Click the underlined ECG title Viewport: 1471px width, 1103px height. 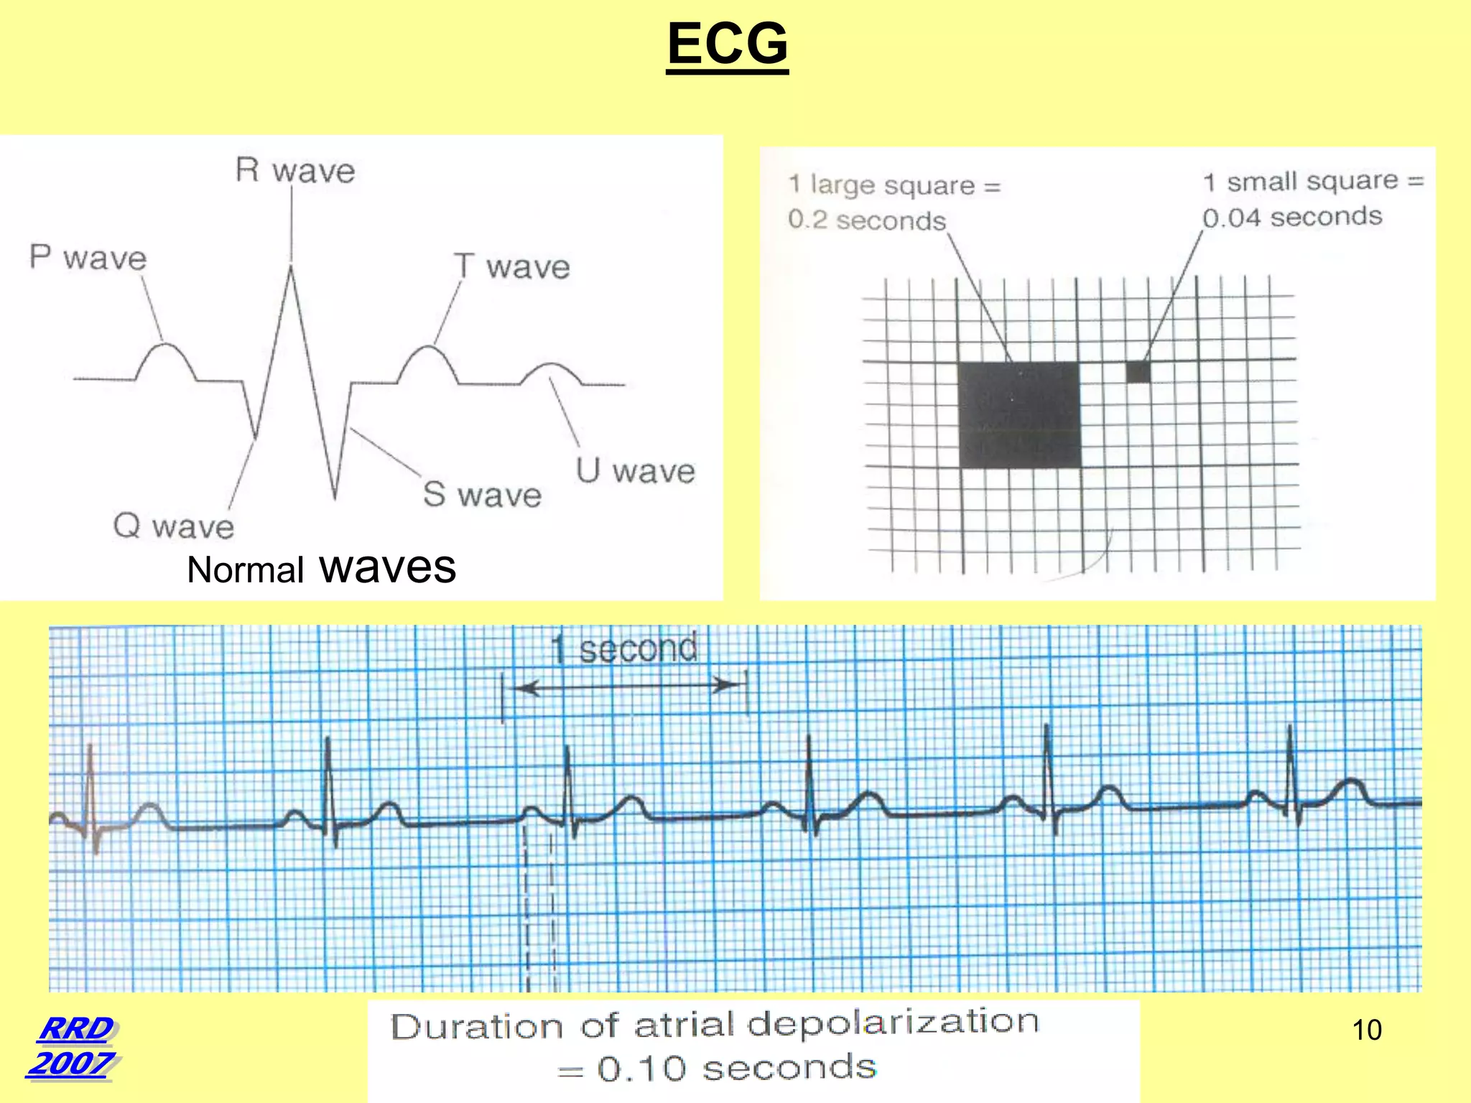727,43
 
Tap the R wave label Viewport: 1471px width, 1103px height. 295,171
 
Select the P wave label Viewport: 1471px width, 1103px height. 88,258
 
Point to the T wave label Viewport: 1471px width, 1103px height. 512,266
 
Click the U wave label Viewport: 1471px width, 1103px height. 636,471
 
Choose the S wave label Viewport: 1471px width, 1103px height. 482,495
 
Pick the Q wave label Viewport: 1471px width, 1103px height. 174,526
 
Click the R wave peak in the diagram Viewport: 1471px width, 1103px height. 291,269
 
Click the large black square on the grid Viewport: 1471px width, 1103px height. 1019,415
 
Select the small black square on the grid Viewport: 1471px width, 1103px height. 1138,372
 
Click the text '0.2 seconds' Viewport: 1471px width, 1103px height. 867,220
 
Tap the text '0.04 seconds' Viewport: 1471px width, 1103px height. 1292,217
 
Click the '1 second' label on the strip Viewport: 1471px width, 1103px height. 624,648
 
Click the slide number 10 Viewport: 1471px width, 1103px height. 1366,1030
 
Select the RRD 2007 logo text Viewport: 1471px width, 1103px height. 73,1046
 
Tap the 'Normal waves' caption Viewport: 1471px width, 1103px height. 321,568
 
